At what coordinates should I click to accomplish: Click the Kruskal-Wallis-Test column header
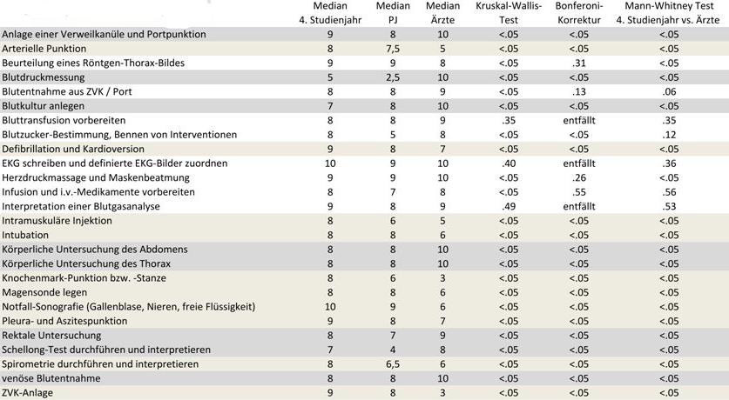(509, 13)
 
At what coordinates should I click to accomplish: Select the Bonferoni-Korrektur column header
(579, 13)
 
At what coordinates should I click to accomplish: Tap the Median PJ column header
(393, 13)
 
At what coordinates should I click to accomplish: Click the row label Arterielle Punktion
(44, 49)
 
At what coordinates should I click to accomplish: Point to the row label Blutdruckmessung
(44, 77)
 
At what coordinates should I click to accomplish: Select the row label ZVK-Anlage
(27, 392)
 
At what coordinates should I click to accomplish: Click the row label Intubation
(25, 235)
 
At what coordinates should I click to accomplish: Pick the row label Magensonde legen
(44, 292)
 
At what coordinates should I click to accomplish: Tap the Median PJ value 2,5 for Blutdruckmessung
(393, 77)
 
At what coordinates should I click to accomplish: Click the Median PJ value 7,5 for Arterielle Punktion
(393, 49)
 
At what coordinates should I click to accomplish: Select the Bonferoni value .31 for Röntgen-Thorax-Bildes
(579, 63)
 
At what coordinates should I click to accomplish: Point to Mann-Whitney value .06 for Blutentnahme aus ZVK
(669, 92)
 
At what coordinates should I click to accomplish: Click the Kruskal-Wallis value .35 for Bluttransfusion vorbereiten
(509, 121)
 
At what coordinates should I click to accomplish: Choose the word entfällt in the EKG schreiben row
(579, 163)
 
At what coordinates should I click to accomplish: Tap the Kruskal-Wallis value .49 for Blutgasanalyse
(509, 206)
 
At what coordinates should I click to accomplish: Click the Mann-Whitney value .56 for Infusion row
(669, 192)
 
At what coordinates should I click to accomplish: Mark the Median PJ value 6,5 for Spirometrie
(393, 364)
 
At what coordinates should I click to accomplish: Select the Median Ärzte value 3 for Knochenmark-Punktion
(442, 278)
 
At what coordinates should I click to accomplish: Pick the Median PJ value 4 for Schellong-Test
(393, 350)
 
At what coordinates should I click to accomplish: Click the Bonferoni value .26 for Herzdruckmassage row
(579, 177)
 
